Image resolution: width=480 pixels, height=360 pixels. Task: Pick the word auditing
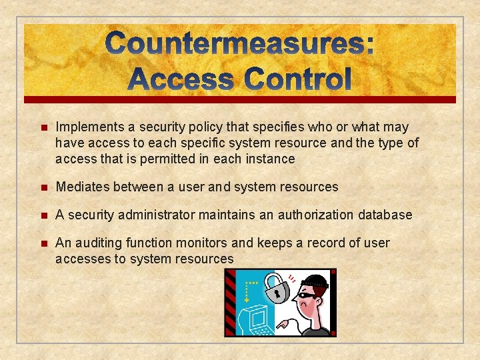99,243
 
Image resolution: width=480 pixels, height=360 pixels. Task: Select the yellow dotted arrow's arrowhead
248,301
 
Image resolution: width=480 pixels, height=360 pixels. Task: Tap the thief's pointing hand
285,325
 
